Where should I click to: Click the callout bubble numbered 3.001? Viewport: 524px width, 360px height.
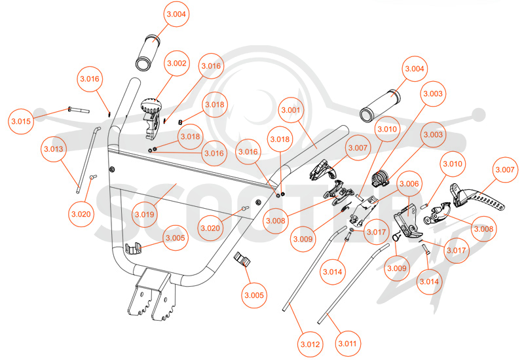(291, 110)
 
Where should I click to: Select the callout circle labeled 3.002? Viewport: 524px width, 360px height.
(177, 63)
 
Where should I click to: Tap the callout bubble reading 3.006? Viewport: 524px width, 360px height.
(409, 184)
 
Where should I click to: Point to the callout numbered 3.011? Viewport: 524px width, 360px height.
(348, 343)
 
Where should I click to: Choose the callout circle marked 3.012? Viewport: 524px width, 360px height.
(310, 344)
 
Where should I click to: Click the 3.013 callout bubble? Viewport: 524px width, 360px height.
(54, 149)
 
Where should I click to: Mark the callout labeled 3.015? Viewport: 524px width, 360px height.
(21, 121)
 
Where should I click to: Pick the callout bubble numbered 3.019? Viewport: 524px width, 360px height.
(145, 215)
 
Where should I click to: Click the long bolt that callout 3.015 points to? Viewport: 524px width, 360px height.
(79, 109)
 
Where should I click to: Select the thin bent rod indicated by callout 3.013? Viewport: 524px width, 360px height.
(88, 159)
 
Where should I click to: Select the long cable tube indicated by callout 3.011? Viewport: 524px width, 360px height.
(353, 283)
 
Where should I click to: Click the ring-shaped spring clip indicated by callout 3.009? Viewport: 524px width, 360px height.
(396, 236)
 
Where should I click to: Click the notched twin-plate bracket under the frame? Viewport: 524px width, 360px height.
(152, 294)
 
